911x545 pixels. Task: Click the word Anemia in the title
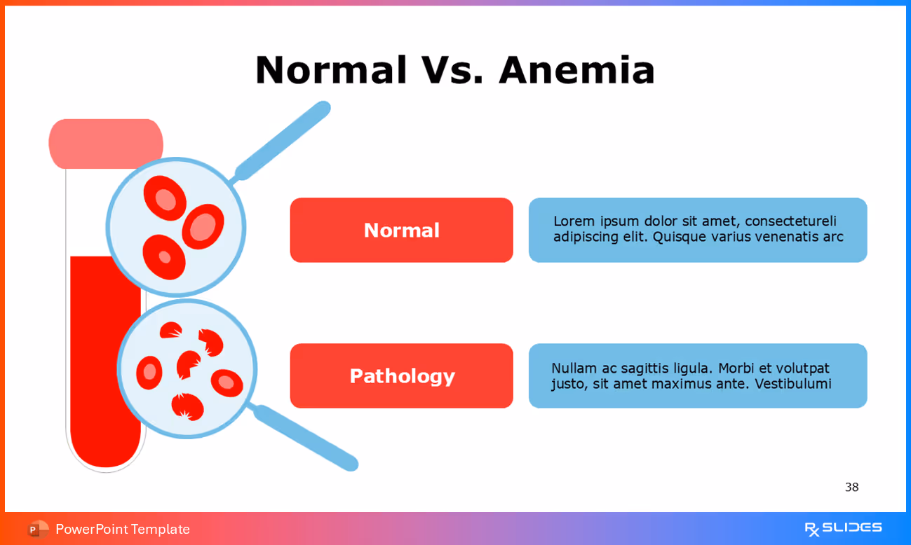(x=576, y=70)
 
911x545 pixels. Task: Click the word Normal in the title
(x=331, y=70)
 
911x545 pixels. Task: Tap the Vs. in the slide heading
(x=452, y=70)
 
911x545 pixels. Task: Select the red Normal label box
(x=401, y=230)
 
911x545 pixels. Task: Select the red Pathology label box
(x=401, y=375)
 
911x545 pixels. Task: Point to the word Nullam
(x=574, y=368)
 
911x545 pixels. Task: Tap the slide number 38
(x=851, y=487)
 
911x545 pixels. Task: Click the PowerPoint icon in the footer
(x=38, y=529)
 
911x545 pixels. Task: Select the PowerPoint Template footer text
(x=123, y=529)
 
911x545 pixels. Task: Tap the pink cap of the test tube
(x=105, y=143)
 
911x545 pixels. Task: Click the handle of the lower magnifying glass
(x=306, y=438)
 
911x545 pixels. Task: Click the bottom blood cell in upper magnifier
(x=164, y=257)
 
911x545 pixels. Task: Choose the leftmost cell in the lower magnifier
(x=149, y=373)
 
